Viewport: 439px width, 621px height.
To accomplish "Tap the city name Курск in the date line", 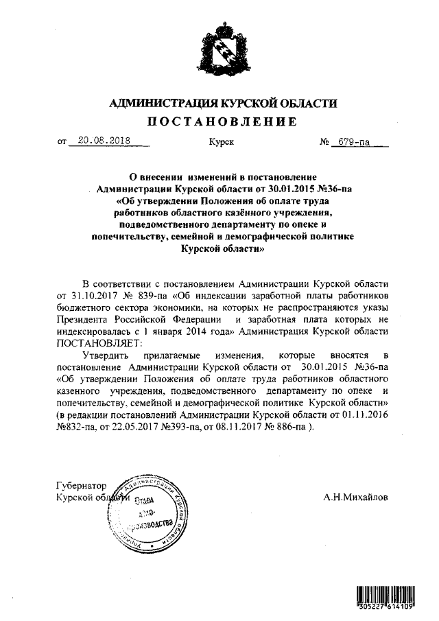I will point(221,143).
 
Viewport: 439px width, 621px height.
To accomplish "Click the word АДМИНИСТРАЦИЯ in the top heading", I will point(159,104).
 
